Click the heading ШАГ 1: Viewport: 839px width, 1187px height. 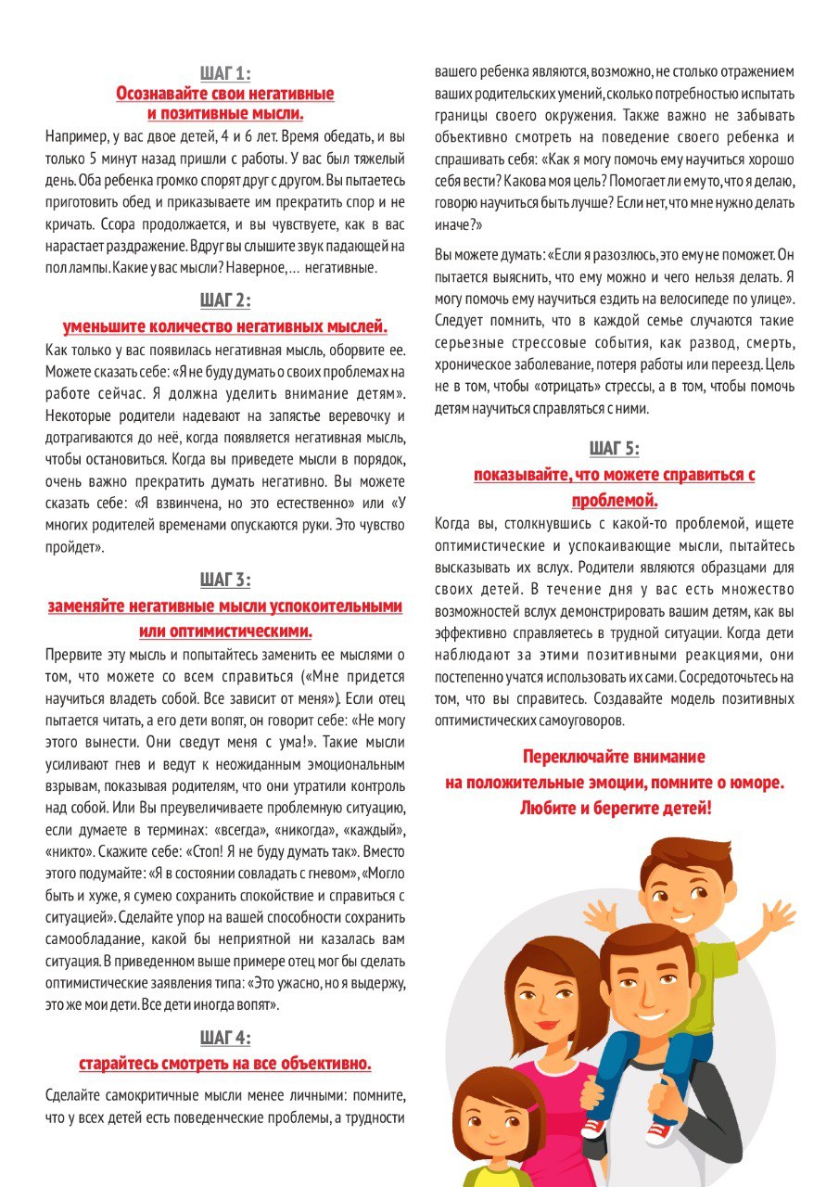pyautogui.click(x=225, y=73)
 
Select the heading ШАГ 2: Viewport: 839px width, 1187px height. pyautogui.click(x=225, y=300)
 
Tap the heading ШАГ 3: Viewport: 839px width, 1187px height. pyautogui.click(x=225, y=581)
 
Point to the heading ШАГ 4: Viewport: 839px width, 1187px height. pyautogui.click(x=225, y=1037)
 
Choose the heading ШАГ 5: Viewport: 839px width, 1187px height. pyautogui.click(x=614, y=449)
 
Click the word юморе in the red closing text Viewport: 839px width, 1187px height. pyautogui.click(x=755, y=783)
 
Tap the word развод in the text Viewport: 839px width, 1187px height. pyautogui.click(x=682, y=343)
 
